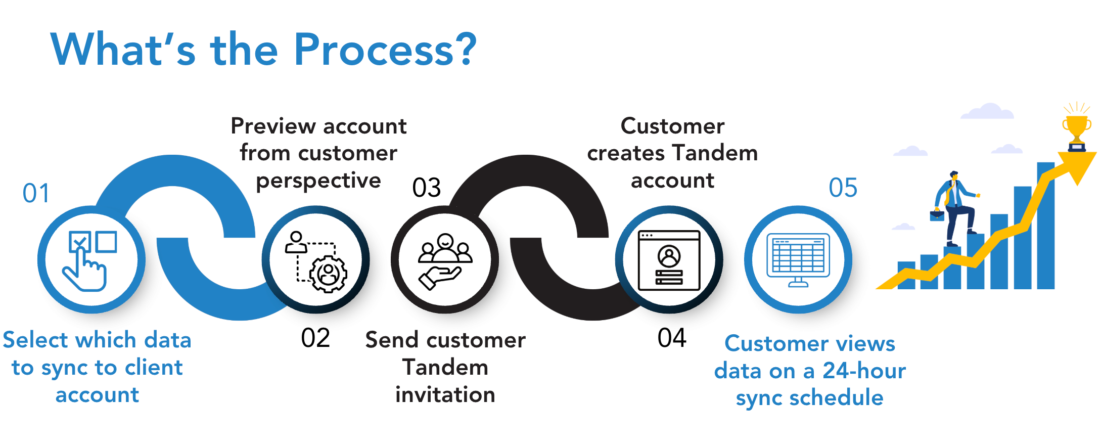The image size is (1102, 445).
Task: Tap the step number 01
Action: click(x=36, y=193)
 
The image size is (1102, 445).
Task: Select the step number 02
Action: click(x=315, y=338)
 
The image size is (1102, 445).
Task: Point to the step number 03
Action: click(x=427, y=188)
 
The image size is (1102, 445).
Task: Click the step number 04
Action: click(x=672, y=338)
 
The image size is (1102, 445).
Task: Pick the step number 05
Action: click(x=843, y=188)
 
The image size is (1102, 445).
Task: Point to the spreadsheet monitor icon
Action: click(x=798, y=259)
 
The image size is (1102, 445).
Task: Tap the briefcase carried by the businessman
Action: click(x=937, y=215)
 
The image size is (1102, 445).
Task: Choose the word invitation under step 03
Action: click(x=445, y=395)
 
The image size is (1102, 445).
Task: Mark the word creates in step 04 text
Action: click(x=626, y=153)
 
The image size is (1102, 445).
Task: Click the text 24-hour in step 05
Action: click(x=864, y=371)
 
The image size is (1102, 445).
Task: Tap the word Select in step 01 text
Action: click(x=36, y=340)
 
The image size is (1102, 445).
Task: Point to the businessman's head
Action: click(x=953, y=175)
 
